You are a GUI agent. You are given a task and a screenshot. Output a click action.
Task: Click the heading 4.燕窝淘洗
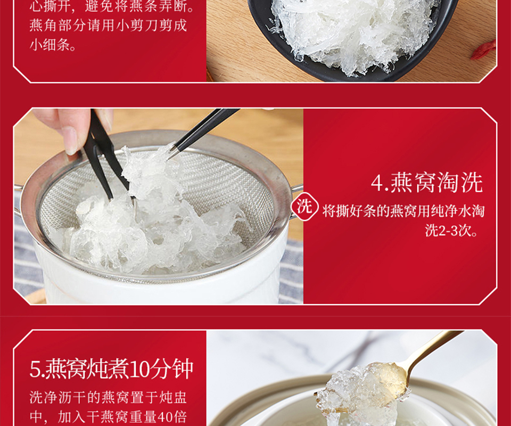pos(426,183)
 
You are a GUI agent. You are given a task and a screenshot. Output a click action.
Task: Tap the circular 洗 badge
pos(304,207)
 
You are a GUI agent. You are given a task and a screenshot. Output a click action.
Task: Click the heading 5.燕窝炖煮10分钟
pos(111,369)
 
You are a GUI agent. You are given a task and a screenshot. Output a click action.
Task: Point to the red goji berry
pos(484,51)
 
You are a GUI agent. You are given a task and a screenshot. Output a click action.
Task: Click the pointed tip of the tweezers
pos(169,159)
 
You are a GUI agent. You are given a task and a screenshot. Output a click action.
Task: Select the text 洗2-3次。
pos(452,231)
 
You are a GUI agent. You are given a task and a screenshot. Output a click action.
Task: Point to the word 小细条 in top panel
pos(49,45)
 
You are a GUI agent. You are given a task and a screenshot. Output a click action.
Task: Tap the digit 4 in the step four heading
pos(377,183)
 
